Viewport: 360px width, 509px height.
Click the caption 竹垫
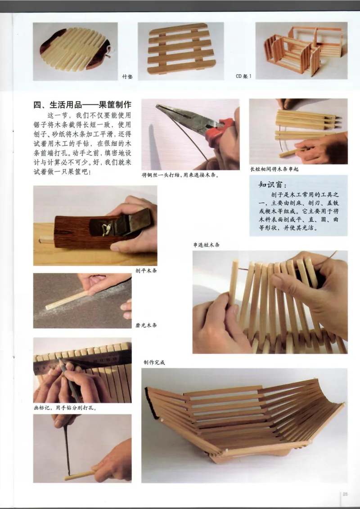coord(128,77)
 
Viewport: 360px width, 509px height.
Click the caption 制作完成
coord(154,362)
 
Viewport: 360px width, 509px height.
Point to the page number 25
coord(345,494)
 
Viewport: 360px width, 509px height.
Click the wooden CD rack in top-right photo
coord(299,49)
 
